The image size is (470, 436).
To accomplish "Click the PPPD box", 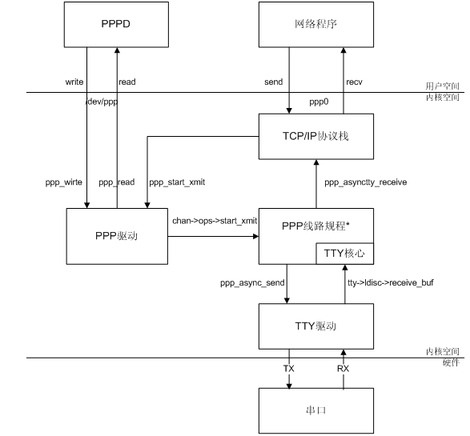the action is pyautogui.click(x=116, y=25).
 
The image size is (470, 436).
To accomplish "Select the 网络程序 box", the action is pyautogui.click(x=316, y=25).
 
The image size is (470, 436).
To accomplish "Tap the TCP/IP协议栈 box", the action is pyautogui.click(x=316, y=136).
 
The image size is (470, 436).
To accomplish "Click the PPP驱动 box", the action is pyautogui.click(x=117, y=236).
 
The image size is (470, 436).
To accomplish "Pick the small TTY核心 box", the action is pyautogui.click(x=345, y=254).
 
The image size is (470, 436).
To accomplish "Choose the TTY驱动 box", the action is pyautogui.click(x=316, y=326).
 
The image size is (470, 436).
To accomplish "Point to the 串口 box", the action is pyautogui.click(x=316, y=410).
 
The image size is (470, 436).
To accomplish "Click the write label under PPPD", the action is pyautogui.click(x=74, y=82).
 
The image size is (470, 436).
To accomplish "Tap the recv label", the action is pyautogui.click(x=354, y=82).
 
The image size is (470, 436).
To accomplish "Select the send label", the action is pyautogui.click(x=273, y=82).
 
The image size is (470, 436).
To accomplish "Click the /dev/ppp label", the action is pyautogui.click(x=102, y=102).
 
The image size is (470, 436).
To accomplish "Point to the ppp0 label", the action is pyautogui.click(x=319, y=102).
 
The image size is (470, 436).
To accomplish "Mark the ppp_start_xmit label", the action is pyautogui.click(x=177, y=182).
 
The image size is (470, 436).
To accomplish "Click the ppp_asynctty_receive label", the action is pyautogui.click(x=366, y=182).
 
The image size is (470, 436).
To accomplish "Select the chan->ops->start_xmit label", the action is pyautogui.click(x=215, y=221).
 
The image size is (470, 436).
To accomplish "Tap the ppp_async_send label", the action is pyautogui.click(x=252, y=282).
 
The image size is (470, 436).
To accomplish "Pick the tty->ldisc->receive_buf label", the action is pyautogui.click(x=391, y=282).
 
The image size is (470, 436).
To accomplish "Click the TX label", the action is pyautogui.click(x=289, y=368).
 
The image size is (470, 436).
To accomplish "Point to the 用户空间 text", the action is pyautogui.click(x=443, y=86).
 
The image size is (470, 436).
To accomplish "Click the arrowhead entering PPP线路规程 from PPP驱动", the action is pyautogui.click(x=255, y=236).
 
